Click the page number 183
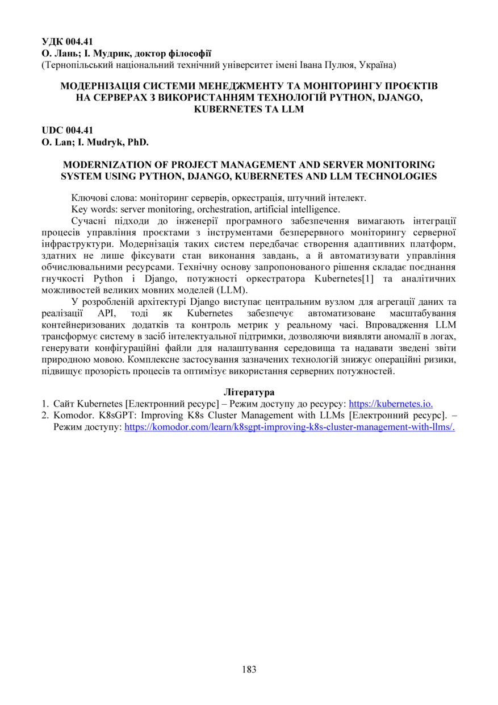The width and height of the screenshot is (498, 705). [249, 669]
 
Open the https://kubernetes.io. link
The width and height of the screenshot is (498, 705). [391, 404]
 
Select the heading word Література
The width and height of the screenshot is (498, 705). [249, 393]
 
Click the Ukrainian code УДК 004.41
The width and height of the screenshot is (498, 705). [67, 42]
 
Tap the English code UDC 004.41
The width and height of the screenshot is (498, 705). [67, 130]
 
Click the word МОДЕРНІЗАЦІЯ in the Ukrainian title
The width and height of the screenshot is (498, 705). [100, 86]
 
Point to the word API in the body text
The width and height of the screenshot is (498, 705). [105, 313]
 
